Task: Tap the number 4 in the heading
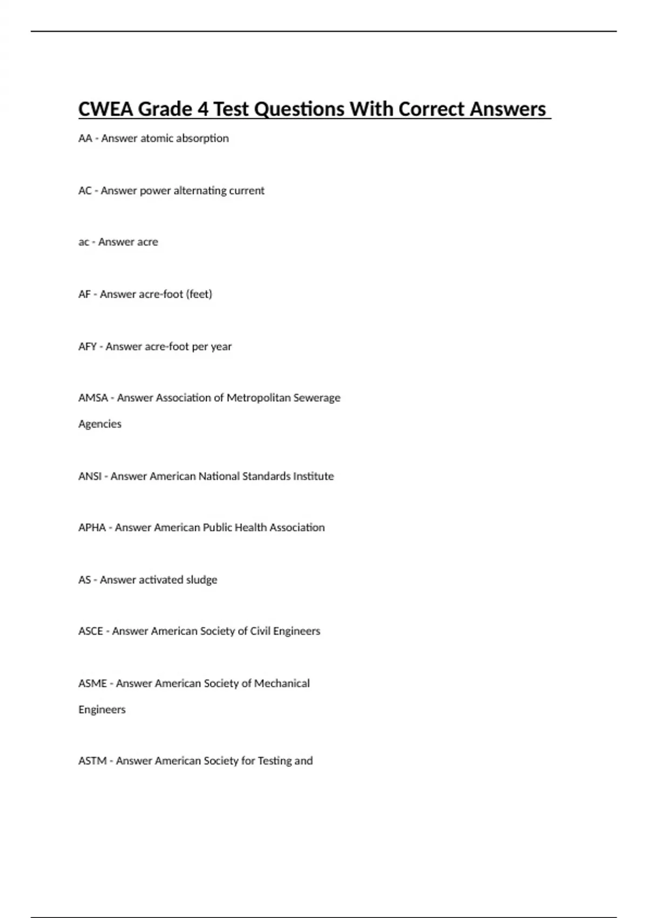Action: click(x=203, y=109)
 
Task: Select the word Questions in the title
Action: click(x=299, y=109)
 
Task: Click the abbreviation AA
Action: click(x=85, y=138)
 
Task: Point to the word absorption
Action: click(x=206, y=138)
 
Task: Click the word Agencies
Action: click(x=100, y=424)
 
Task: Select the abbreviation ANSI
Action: click(x=90, y=476)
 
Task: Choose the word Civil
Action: click(x=259, y=631)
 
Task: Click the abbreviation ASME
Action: click(x=92, y=684)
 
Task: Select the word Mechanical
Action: click(x=282, y=684)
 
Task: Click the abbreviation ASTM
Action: click(x=92, y=761)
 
